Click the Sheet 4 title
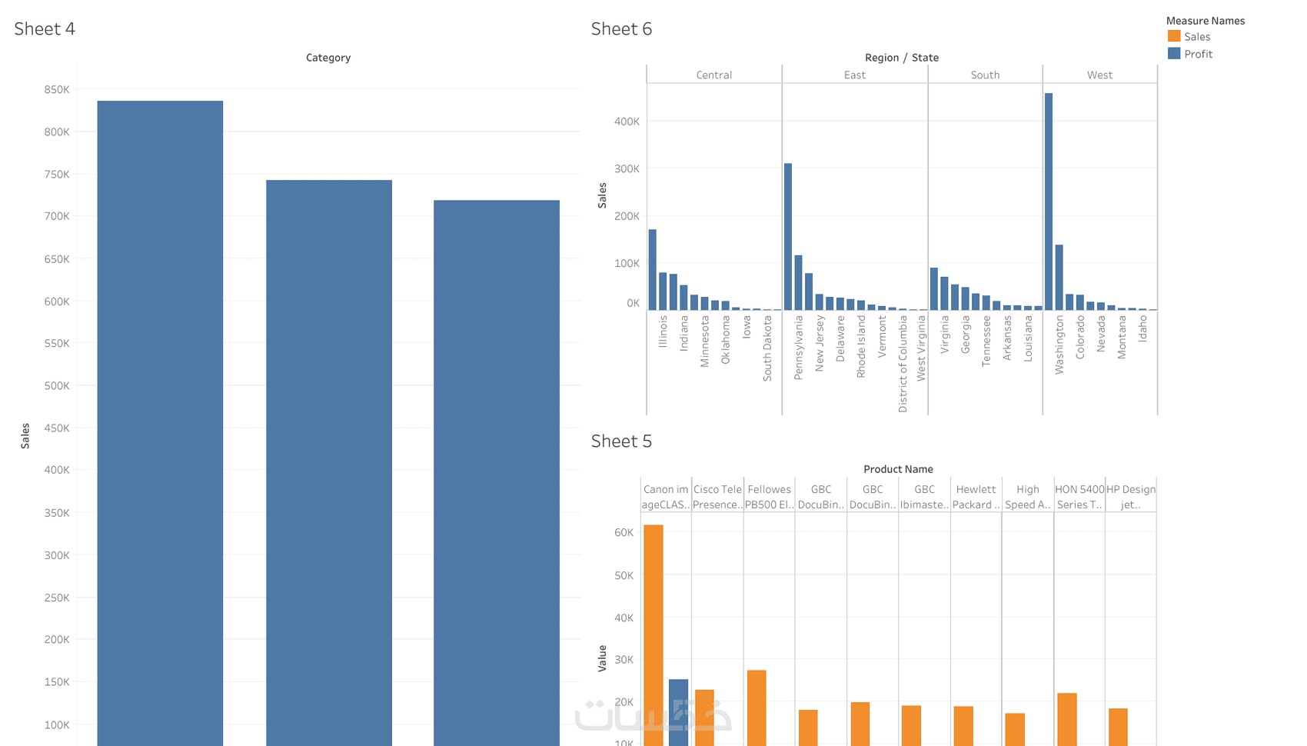click(x=45, y=29)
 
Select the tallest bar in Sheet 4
click(x=160, y=423)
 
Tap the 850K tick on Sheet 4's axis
click(x=57, y=90)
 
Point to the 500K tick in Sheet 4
click(x=57, y=386)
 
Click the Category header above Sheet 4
click(x=328, y=58)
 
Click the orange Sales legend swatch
click(x=1174, y=36)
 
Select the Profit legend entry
click(x=1198, y=54)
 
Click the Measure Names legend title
click(x=1205, y=21)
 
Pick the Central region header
click(x=713, y=75)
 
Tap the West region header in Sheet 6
click(x=1099, y=75)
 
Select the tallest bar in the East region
click(x=788, y=237)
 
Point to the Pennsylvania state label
click(x=799, y=347)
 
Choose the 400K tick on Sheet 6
click(x=627, y=122)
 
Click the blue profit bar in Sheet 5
click(x=678, y=712)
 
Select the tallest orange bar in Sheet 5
click(x=653, y=635)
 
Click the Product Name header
click(x=898, y=469)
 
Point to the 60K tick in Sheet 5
click(x=624, y=532)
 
